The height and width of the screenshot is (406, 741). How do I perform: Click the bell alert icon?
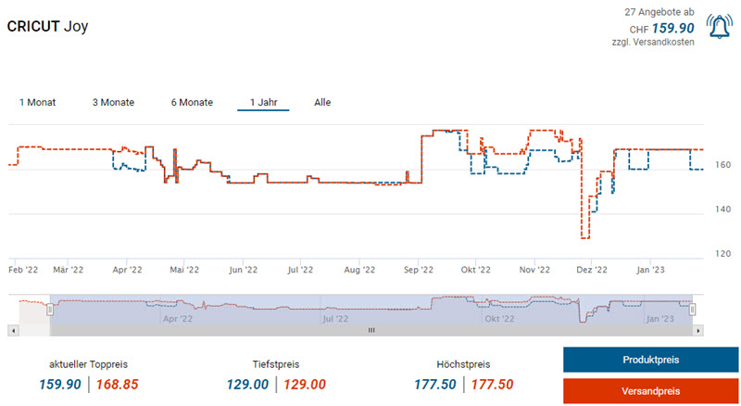718,27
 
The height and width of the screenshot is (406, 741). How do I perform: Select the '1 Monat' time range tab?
37,102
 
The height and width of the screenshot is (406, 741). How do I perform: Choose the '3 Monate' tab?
113,102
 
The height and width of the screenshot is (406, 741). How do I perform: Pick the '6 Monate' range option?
192,102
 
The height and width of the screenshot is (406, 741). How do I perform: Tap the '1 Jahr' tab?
263,102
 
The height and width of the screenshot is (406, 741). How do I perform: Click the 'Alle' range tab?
322,102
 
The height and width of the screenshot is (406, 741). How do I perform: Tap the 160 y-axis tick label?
723,165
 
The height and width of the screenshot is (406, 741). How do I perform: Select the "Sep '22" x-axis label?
419,270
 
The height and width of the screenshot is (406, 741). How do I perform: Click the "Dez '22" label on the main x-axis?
592,270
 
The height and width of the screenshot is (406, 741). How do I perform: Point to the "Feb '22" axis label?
24,270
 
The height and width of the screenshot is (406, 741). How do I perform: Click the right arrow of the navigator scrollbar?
698,330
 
